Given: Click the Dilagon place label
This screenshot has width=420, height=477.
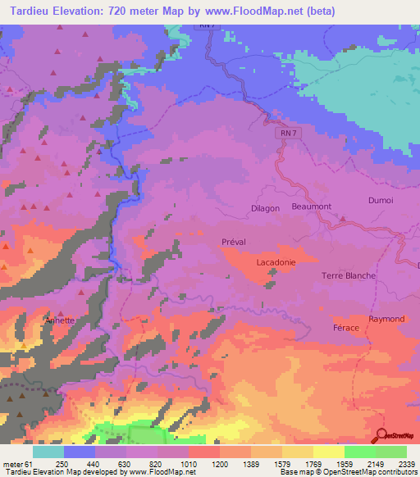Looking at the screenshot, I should tap(265, 209).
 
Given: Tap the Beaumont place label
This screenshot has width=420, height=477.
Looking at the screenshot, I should tap(310, 207).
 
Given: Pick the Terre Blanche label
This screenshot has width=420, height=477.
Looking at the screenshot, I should tap(349, 276).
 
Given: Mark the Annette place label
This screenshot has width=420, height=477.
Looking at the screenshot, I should tap(60, 320).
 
